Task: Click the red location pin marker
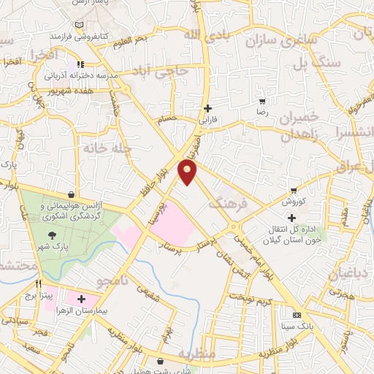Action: point(188,172)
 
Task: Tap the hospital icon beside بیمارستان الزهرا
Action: point(81,299)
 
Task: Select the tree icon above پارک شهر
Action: point(52,235)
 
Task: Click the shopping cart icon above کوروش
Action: point(294,190)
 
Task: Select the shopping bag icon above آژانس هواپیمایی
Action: point(70,195)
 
